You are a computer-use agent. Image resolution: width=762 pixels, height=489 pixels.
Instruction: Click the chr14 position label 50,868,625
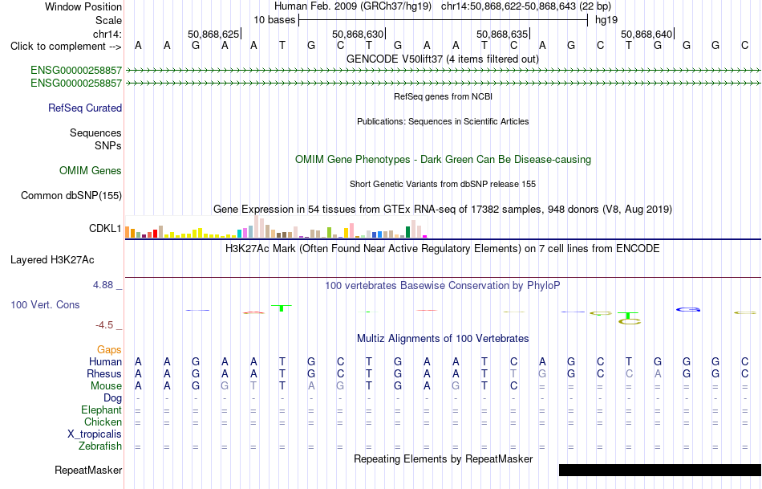pyautogui.click(x=213, y=34)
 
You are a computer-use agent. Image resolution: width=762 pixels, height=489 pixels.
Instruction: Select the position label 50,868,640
pyautogui.click(x=646, y=34)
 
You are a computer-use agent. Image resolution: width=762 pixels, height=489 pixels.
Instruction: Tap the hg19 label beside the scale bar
pyautogui.click(x=606, y=20)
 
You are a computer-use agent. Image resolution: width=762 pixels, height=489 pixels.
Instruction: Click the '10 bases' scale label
pyautogui.click(x=274, y=20)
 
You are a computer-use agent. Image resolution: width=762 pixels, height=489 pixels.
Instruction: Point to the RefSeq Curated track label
pyautogui.click(x=85, y=108)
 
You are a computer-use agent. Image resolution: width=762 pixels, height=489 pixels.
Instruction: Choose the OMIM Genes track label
pyautogui.click(x=91, y=170)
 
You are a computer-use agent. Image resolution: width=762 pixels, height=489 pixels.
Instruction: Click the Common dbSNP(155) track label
pyautogui.click(x=71, y=196)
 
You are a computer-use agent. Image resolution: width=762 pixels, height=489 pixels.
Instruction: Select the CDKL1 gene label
pyautogui.click(x=105, y=228)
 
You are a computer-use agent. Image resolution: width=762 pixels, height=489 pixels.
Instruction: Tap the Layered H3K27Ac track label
pyautogui.click(x=52, y=260)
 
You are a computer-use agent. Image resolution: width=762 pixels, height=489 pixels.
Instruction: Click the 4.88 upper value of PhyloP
pyautogui.click(x=103, y=284)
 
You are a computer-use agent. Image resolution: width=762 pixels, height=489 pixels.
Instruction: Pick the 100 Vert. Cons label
pyautogui.click(x=45, y=304)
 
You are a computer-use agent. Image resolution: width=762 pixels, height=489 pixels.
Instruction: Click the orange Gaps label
pyautogui.click(x=109, y=350)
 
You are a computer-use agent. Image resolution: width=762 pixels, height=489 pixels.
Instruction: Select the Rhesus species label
pyautogui.click(x=104, y=373)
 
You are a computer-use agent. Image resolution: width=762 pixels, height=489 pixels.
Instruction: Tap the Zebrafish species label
pyautogui.click(x=100, y=446)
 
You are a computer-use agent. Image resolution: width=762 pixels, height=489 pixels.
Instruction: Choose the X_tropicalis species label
pyautogui.click(x=95, y=434)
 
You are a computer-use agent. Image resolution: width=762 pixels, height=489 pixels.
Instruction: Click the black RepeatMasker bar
pyautogui.click(x=660, y=470)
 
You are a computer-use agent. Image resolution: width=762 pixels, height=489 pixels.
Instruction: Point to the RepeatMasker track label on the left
pyautogui.click(x=88, y=470)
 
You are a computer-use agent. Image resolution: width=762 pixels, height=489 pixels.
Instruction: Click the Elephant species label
pyautogui.click(x=102, y=410)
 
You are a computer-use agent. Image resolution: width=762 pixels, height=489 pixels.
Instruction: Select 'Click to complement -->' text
pyautogui.click(x=66, y=47)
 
